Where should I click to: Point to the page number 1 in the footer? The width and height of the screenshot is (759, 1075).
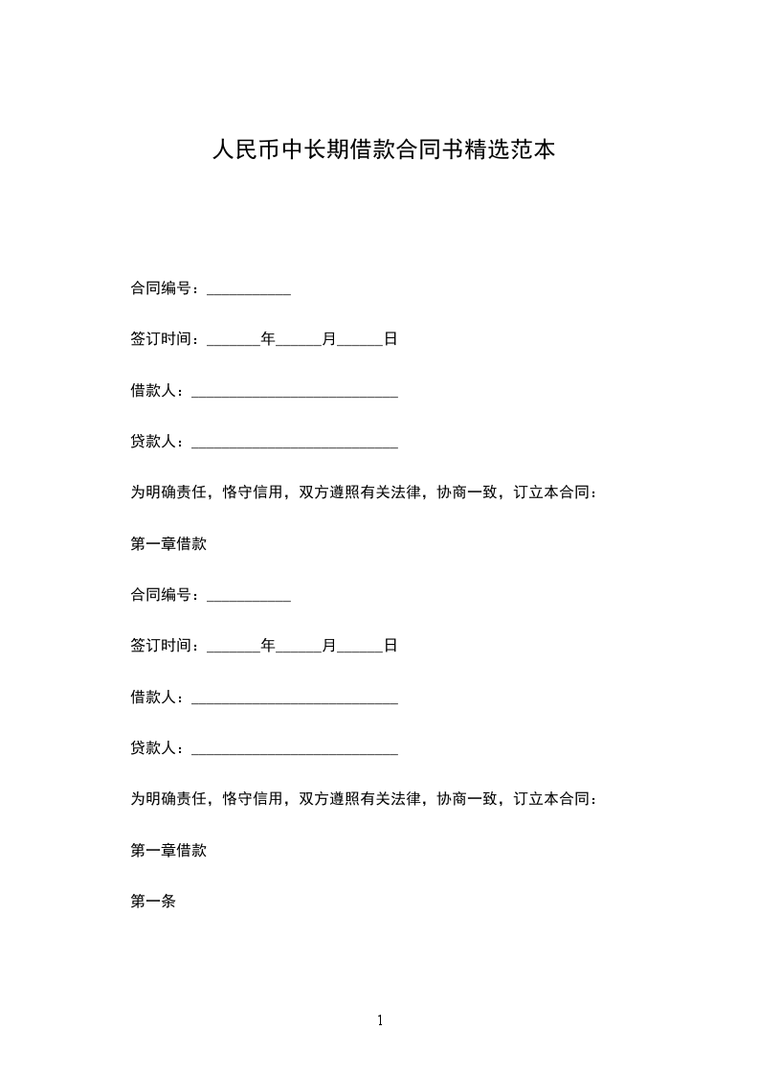(380, 1020)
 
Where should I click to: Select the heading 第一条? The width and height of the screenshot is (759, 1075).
(153, 901)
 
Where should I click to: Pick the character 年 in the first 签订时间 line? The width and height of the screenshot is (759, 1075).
(268, 339)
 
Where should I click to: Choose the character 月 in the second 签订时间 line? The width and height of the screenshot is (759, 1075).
(329, 646)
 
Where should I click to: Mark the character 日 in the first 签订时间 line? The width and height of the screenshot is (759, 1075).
(391, 339)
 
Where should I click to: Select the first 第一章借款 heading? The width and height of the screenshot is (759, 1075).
(168, 543)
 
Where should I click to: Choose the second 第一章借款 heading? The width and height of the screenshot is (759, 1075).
(168, 850)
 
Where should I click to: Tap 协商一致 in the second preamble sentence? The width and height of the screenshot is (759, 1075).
(467, 799)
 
